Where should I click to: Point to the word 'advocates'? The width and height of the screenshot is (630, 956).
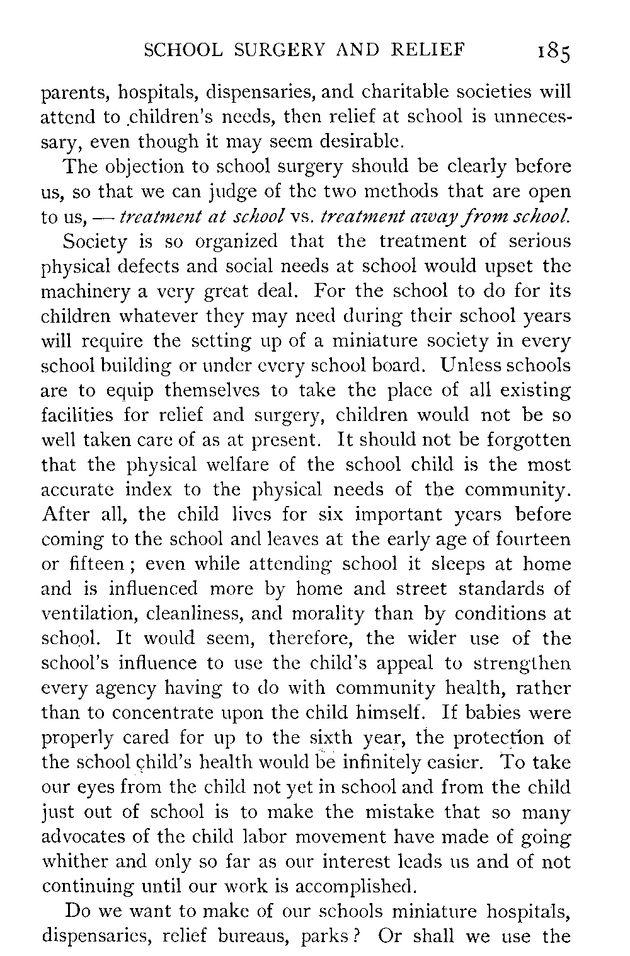pos(84,838)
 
